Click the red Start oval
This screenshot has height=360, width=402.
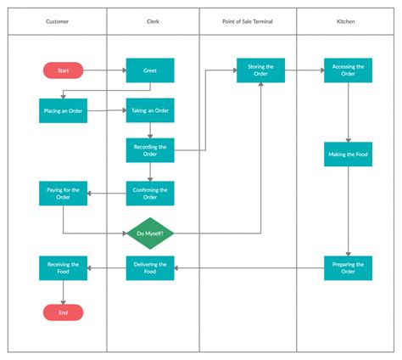coord(64,70)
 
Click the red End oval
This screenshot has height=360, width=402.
coord(64,312)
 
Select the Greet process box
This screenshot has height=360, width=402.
coord(150,70)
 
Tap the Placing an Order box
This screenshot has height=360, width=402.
coord(64,110)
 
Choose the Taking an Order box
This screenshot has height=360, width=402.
coord(150,110)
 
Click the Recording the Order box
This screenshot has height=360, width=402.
coord(150,150)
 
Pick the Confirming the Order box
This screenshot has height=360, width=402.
coord(150,193)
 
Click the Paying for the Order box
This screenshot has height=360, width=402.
coord(64,193)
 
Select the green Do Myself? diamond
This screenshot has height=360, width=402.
coord(150,233)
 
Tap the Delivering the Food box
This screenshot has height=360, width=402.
coord(150,268)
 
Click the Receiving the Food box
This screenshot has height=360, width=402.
coord(64,268)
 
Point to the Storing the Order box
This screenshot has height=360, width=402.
coord(260,70)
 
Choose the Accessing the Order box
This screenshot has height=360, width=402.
coord(348,70)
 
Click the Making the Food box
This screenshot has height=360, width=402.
coord(348,154)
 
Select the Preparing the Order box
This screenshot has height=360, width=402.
coord(348,268)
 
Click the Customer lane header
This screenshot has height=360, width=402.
coord(58,21)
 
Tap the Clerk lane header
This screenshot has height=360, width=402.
coord(154,21)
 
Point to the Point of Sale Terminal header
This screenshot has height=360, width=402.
coord(248,21)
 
